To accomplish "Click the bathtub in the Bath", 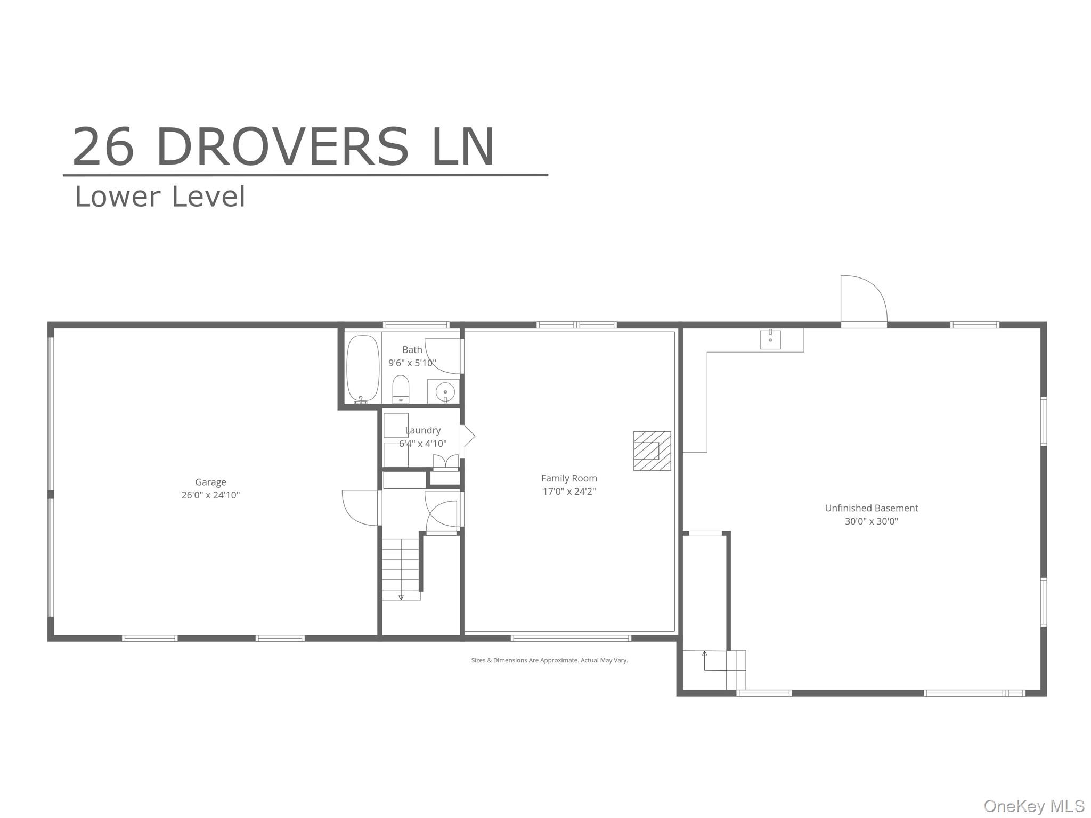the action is (363, 368).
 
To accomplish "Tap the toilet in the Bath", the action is (401, 389).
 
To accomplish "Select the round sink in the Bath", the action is (445, 392).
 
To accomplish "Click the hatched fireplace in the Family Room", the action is (652, 451).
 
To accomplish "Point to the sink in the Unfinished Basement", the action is (770, 339).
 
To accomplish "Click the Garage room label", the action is (210, 482).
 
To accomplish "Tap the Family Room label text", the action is (569, 478).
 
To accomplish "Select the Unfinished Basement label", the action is (872, 508).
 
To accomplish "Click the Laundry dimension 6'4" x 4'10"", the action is (423, 443).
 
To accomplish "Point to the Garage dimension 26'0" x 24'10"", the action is (210, 495).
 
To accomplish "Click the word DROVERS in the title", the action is (282, 146).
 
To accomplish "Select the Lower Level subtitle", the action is (160, 197).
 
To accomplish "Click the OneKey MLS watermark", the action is (1034, 806).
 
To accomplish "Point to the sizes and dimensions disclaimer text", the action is (549, 660).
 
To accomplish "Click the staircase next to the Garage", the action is (401, 569).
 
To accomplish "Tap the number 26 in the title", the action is (103, 146).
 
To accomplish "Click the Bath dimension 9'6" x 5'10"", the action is (412, 363).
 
